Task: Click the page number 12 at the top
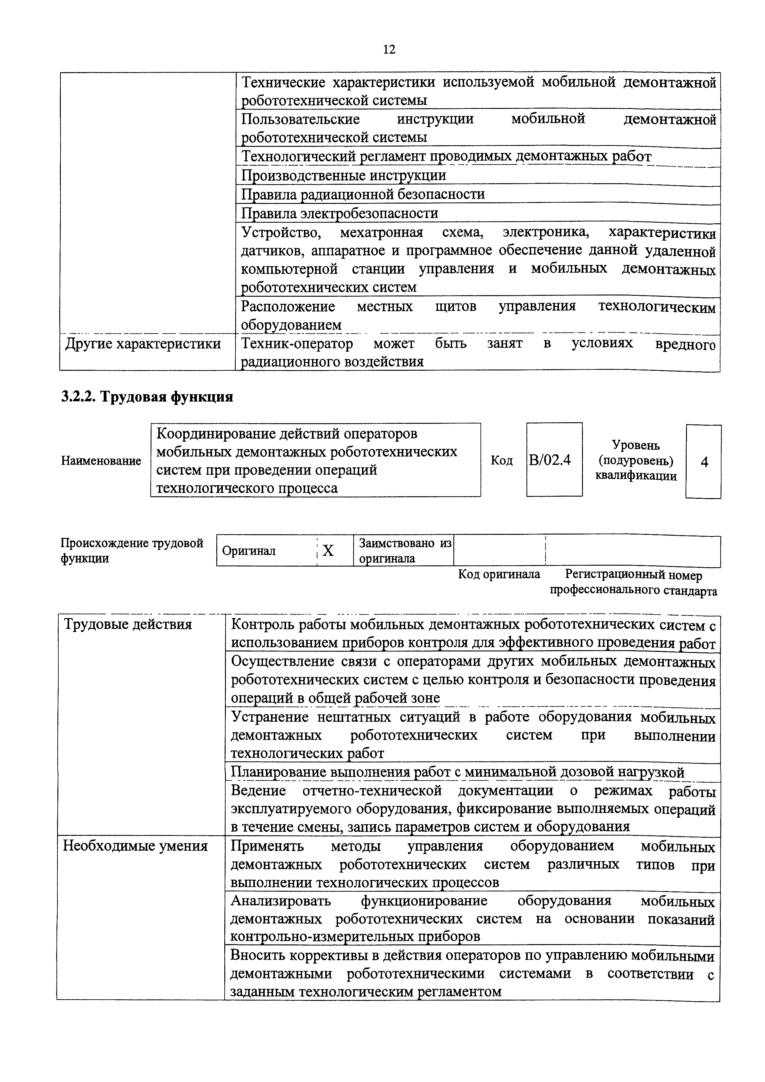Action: click(x=389, y=49)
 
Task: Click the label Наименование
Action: click(x=101, y=460)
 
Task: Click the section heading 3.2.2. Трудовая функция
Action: click(x=147, y=397)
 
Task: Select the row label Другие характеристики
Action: click(x=143, y=344)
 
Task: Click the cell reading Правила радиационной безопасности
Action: click(x=363, y=194)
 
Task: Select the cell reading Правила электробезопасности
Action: click(x=339, y=213)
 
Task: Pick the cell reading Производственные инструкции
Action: click(x=343, y=175)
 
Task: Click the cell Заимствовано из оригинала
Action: click(x=405, y=551)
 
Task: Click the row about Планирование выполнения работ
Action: click(x=457, y=772)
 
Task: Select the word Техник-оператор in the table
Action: click(x=297, y=344)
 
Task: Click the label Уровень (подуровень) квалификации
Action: click(x=635, y=460)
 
